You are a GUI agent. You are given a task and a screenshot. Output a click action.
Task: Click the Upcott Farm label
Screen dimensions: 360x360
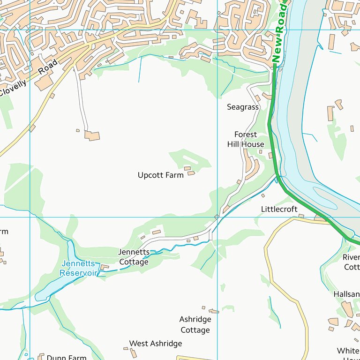[x=160, y=175]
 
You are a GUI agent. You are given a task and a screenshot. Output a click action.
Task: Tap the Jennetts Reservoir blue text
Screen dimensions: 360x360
[x=78, y=269]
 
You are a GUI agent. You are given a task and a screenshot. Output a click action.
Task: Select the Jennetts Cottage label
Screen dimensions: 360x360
[x=134, y=257]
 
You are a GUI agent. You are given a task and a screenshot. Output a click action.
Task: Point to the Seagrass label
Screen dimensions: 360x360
[x=243, y=107]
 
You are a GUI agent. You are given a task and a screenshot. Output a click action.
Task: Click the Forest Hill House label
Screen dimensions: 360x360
[x=246, y=140]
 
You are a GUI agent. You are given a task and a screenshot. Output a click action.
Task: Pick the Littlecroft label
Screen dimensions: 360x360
[x=279, y=209]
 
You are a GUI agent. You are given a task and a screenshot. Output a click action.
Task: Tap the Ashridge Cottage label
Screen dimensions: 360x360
[x=195, y=324]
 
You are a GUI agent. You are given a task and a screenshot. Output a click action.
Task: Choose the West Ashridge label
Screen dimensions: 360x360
[x=156, y=344]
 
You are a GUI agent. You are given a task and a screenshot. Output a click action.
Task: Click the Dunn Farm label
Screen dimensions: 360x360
[x=67, y=358]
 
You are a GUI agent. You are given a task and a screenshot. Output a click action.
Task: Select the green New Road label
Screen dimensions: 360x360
[x=278, y=33]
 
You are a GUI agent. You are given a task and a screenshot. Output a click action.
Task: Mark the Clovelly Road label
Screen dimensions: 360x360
[x=28, y=78]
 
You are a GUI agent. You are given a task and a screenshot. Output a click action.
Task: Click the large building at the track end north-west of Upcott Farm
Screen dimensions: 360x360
[x=92, y=136]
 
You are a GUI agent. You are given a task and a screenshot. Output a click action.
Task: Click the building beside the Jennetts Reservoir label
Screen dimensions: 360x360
[x=105, y=268]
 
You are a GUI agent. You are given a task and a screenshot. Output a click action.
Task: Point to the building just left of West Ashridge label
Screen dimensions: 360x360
[x=125, y=348]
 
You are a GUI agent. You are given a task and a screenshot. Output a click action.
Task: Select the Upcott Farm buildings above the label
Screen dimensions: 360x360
[x=189, y=171]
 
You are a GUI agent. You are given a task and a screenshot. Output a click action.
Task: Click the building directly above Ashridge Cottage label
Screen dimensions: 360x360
[x=213, y=311]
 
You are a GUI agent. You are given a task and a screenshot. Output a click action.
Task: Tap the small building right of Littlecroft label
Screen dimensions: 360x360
[x=301, y=216]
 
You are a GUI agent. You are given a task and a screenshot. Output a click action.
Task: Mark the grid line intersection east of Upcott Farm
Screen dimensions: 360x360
[x=218, y=217]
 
